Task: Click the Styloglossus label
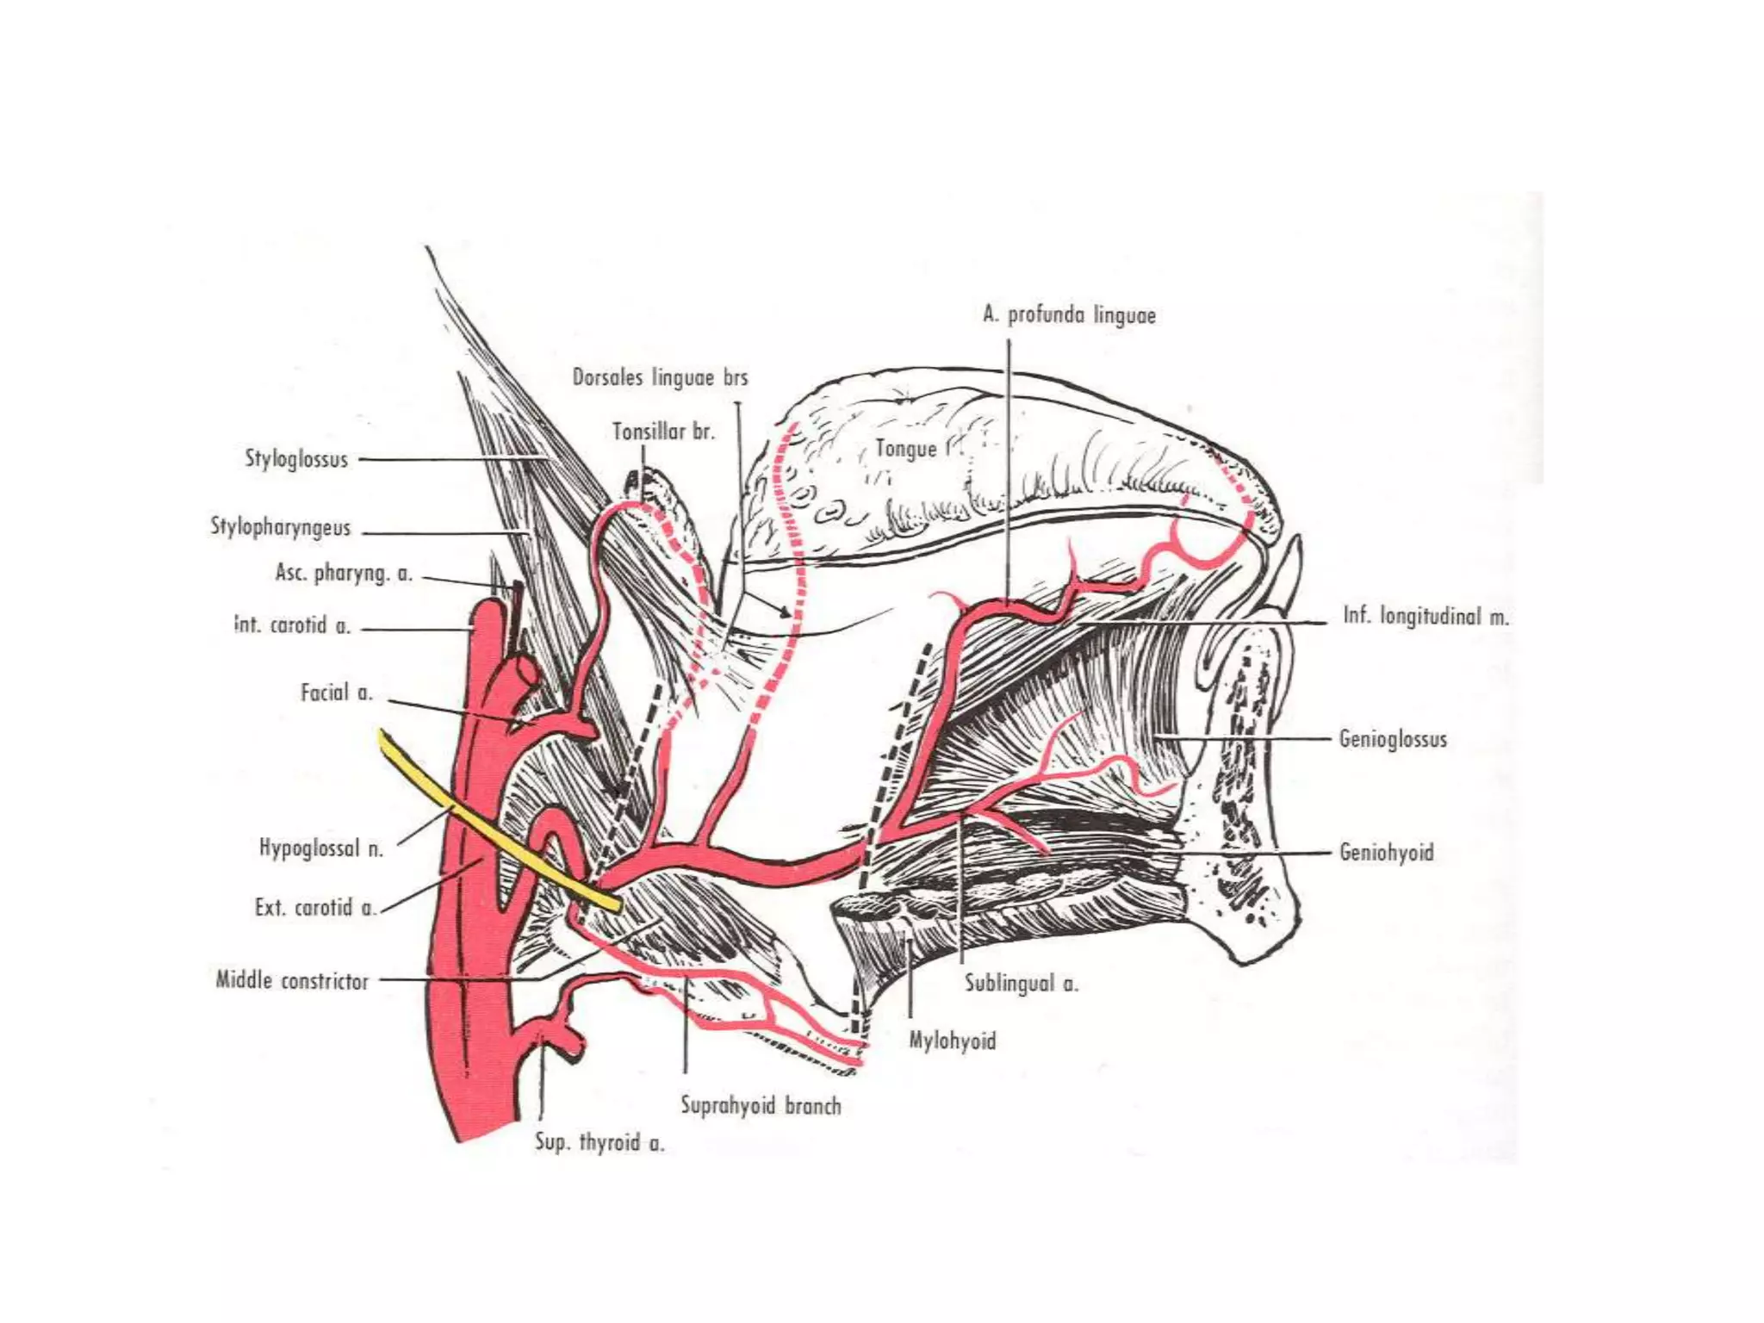tap(296, 458)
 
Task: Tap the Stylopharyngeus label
tap(281, 526)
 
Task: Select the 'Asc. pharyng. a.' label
tap(344, 573)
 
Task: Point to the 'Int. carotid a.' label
tap(293, 625)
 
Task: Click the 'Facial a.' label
tap(336, 693)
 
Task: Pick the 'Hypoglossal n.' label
tap(320, 848)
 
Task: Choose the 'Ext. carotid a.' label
tap(315, 907)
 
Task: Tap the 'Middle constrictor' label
tap(292, 980)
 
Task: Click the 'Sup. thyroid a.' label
tap(599, 1142)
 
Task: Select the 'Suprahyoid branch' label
tap(761, 1105)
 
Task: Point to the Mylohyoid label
tap(953, 1040)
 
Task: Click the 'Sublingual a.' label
tap(1021, 983)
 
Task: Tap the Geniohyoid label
tap(1386, 853)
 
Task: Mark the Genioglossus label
tap(1392, 739)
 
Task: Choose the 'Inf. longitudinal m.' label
tap(1425, 616)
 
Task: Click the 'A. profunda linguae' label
tap(1069, 315)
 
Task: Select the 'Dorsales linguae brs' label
tap(660, 377)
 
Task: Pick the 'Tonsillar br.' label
tap(663, 431)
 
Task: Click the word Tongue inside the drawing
tap(905, 448)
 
